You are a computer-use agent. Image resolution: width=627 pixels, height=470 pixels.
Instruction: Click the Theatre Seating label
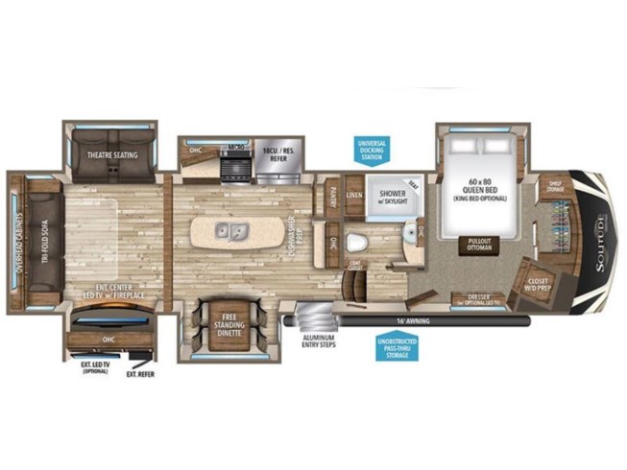[x=112, y=154]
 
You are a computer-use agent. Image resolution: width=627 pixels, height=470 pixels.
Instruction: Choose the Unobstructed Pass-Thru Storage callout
[x=395, y=348]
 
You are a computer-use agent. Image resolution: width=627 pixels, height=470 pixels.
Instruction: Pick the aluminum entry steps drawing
[x=309, y=317]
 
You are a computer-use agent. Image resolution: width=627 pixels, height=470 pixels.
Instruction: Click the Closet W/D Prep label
[x=543, y=283]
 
